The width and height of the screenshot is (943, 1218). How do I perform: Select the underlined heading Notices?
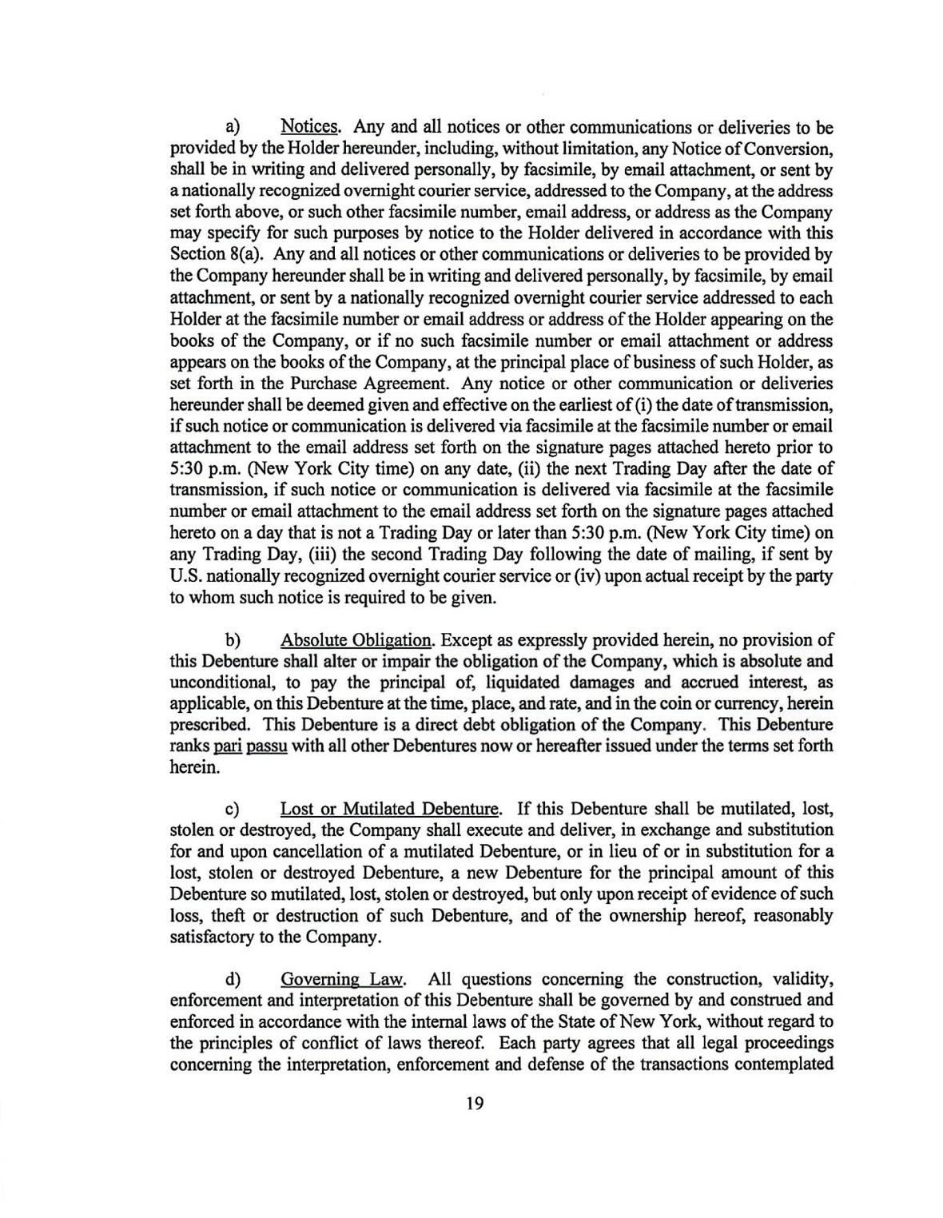point(311,127)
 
